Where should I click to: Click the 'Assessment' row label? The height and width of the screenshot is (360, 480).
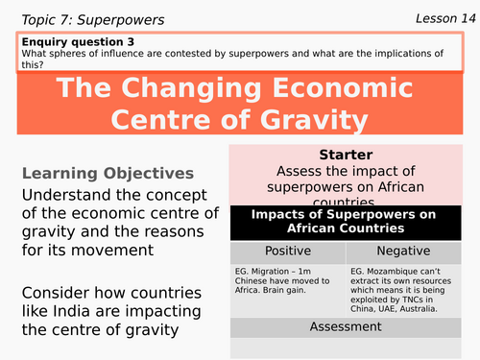(351, 327)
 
